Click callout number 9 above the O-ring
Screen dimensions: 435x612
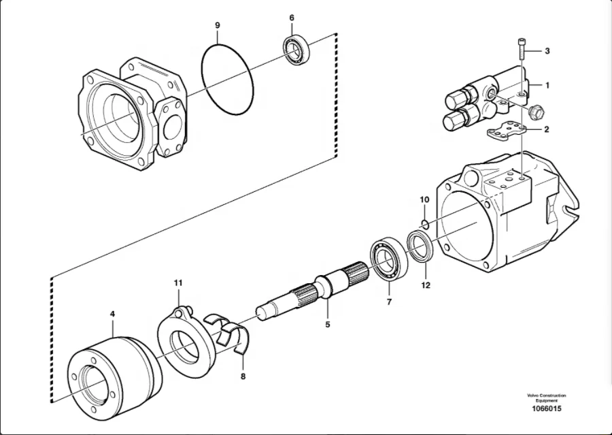point(218,25)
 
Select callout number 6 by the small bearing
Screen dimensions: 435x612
point(292,18)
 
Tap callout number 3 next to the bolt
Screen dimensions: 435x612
point(547,51)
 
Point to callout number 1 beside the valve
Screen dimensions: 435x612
point(547,86)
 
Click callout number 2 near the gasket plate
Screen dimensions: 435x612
point(547,128)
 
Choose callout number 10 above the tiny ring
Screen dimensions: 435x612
point(424,199)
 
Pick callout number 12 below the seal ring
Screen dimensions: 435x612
point(426,285)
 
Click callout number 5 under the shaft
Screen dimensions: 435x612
point(327,325)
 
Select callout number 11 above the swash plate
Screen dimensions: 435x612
point(178,283)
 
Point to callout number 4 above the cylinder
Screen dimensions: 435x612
point(113,314)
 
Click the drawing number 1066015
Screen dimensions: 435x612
point(546,408)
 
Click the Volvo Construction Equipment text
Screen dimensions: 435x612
point(546,398)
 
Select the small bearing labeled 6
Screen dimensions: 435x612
point(296,50)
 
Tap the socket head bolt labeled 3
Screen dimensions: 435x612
point(522,50)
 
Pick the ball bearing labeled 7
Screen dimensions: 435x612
point(389,259)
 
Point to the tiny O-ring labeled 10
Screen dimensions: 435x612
point(423,223)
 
